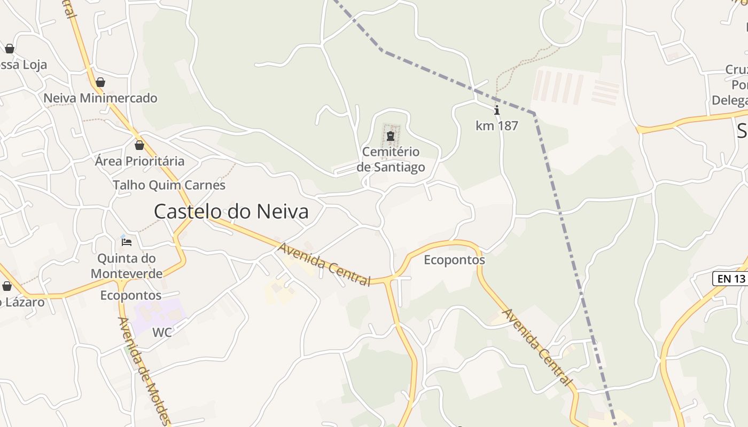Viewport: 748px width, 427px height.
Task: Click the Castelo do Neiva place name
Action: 231,211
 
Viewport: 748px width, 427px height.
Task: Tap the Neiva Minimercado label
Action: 100,98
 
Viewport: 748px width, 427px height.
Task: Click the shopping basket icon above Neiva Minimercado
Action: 100,82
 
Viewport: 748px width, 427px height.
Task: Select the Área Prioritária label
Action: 139,161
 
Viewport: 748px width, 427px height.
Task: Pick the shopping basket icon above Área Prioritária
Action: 139,145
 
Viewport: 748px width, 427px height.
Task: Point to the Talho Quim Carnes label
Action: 169,185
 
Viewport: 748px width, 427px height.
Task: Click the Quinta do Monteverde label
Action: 127,266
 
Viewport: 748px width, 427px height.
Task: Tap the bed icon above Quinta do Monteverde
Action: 127,242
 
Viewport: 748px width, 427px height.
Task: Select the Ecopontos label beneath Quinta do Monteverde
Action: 131,295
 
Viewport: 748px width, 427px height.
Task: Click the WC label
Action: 162,333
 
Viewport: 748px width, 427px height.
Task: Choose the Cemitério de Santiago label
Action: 391,159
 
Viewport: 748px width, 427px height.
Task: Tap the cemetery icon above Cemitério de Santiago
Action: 391,136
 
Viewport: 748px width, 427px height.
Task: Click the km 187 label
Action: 497,126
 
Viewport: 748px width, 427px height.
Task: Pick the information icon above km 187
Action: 497,110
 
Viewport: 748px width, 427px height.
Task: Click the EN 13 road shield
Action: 730,278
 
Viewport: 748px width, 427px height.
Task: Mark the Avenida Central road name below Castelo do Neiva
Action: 324,264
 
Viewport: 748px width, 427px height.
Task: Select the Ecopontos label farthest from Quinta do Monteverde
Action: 454,260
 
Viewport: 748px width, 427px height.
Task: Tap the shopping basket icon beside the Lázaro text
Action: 7,286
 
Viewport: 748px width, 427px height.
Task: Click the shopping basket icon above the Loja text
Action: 9,49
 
